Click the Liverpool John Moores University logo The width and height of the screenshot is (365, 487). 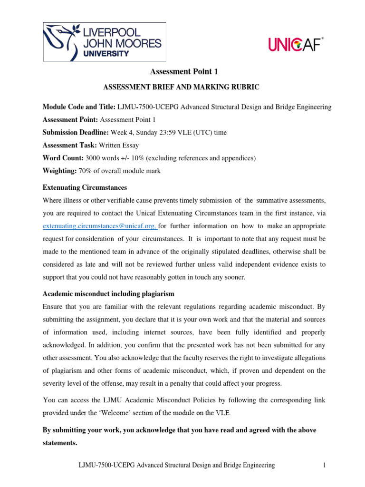tap(105, 42)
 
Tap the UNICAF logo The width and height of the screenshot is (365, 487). tap(296, 45)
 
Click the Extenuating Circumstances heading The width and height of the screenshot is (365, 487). tap(85, 187)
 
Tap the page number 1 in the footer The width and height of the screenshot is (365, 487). tap(324, 466)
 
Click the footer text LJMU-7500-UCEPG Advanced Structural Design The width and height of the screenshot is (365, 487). tap(176, 466)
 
